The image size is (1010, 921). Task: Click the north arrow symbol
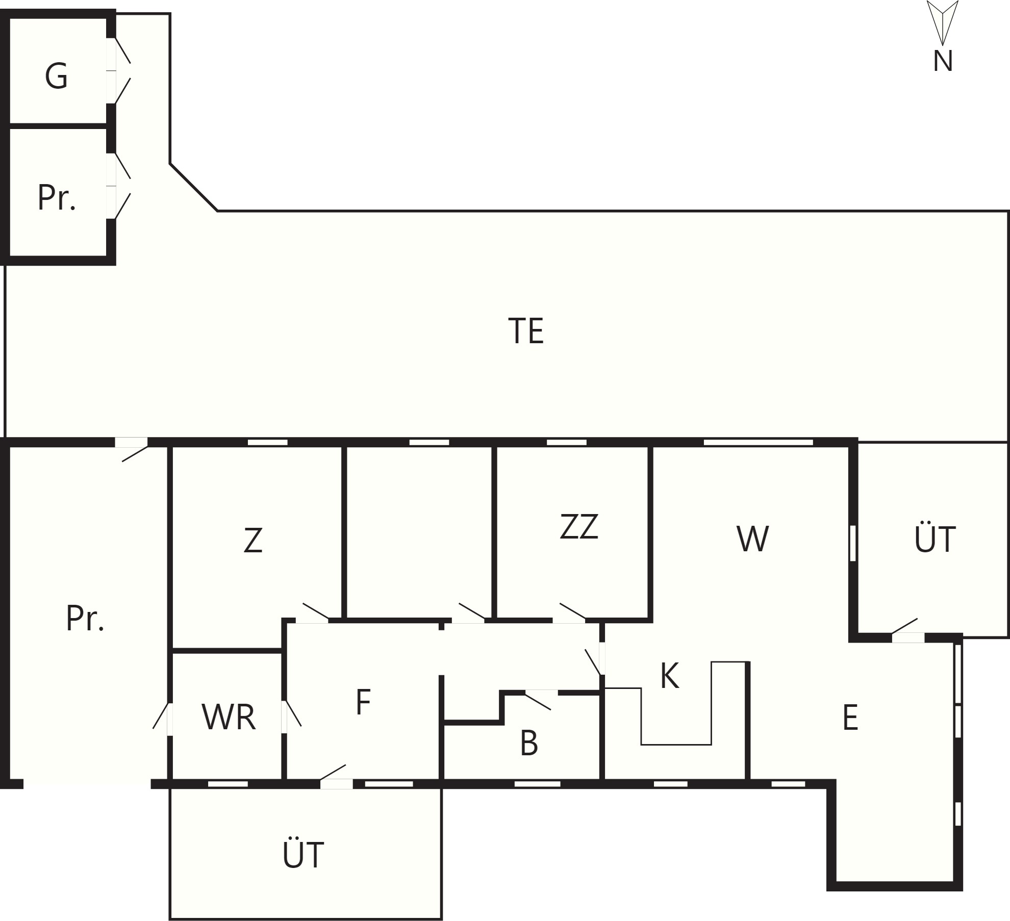943,23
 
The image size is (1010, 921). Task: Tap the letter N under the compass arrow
943,62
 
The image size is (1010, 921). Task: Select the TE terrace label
526,331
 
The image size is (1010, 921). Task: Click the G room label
56,76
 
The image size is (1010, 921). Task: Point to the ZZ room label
579,526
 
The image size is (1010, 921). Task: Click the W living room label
752,539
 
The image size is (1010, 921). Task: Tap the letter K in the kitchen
669,676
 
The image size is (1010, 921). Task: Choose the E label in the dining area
850,718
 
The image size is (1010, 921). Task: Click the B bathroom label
529,743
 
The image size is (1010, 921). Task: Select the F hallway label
363,702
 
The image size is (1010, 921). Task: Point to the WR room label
229,717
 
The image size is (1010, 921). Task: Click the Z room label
253,541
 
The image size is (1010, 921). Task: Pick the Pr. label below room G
57,197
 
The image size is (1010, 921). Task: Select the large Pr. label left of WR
85,618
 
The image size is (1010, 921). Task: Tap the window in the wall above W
758,442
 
